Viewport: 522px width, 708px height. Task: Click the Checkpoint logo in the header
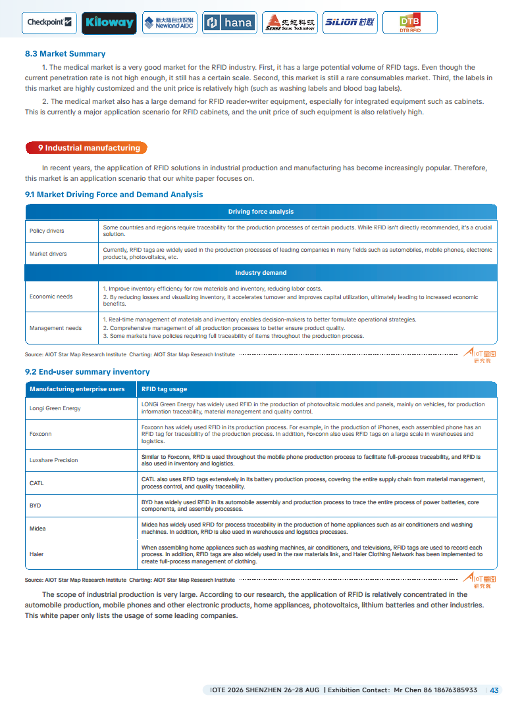pyautogui.click(x=49, y=22)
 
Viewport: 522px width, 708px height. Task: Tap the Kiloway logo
pyautogui.click(x=109, y=23)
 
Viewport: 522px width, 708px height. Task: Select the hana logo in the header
pyautogui.click(x=229, y=23)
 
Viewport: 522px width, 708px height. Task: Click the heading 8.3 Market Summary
pyautogui.click(x=65, y=54)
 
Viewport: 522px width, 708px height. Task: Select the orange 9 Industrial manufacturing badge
pyautogui.click(x=86, y=148)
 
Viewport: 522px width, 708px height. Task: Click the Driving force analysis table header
pyautogui.click(x=261, y=212)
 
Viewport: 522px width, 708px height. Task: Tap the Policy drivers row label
pyautogui.click(x=47, y=231)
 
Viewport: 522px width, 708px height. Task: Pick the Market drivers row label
pyautogui.click(x=48, y=254)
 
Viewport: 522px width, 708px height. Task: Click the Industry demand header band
pyautogui.click(x=261, y=273)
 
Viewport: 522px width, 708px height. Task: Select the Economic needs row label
pyautogui.click(x=51, y=296)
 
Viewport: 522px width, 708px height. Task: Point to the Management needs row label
pyautogui.click(x=56, y=328)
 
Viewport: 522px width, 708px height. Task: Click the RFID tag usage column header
pyautogui.click(x=165, y=389)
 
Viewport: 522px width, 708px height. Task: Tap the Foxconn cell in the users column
pyautogui.click(x=41, y=434)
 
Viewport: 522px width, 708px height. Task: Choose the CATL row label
pyautogui.click(x=37, y=483)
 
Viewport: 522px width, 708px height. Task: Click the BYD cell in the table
pyautogui.click(x=36, y=506)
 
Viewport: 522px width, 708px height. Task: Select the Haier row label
pyautogui.click(x=37, y=554)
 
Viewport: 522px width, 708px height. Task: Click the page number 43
pyautogui.click(x=494, y=690)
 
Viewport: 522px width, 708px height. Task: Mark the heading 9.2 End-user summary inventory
pyautogui.click(x=88, y=372)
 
